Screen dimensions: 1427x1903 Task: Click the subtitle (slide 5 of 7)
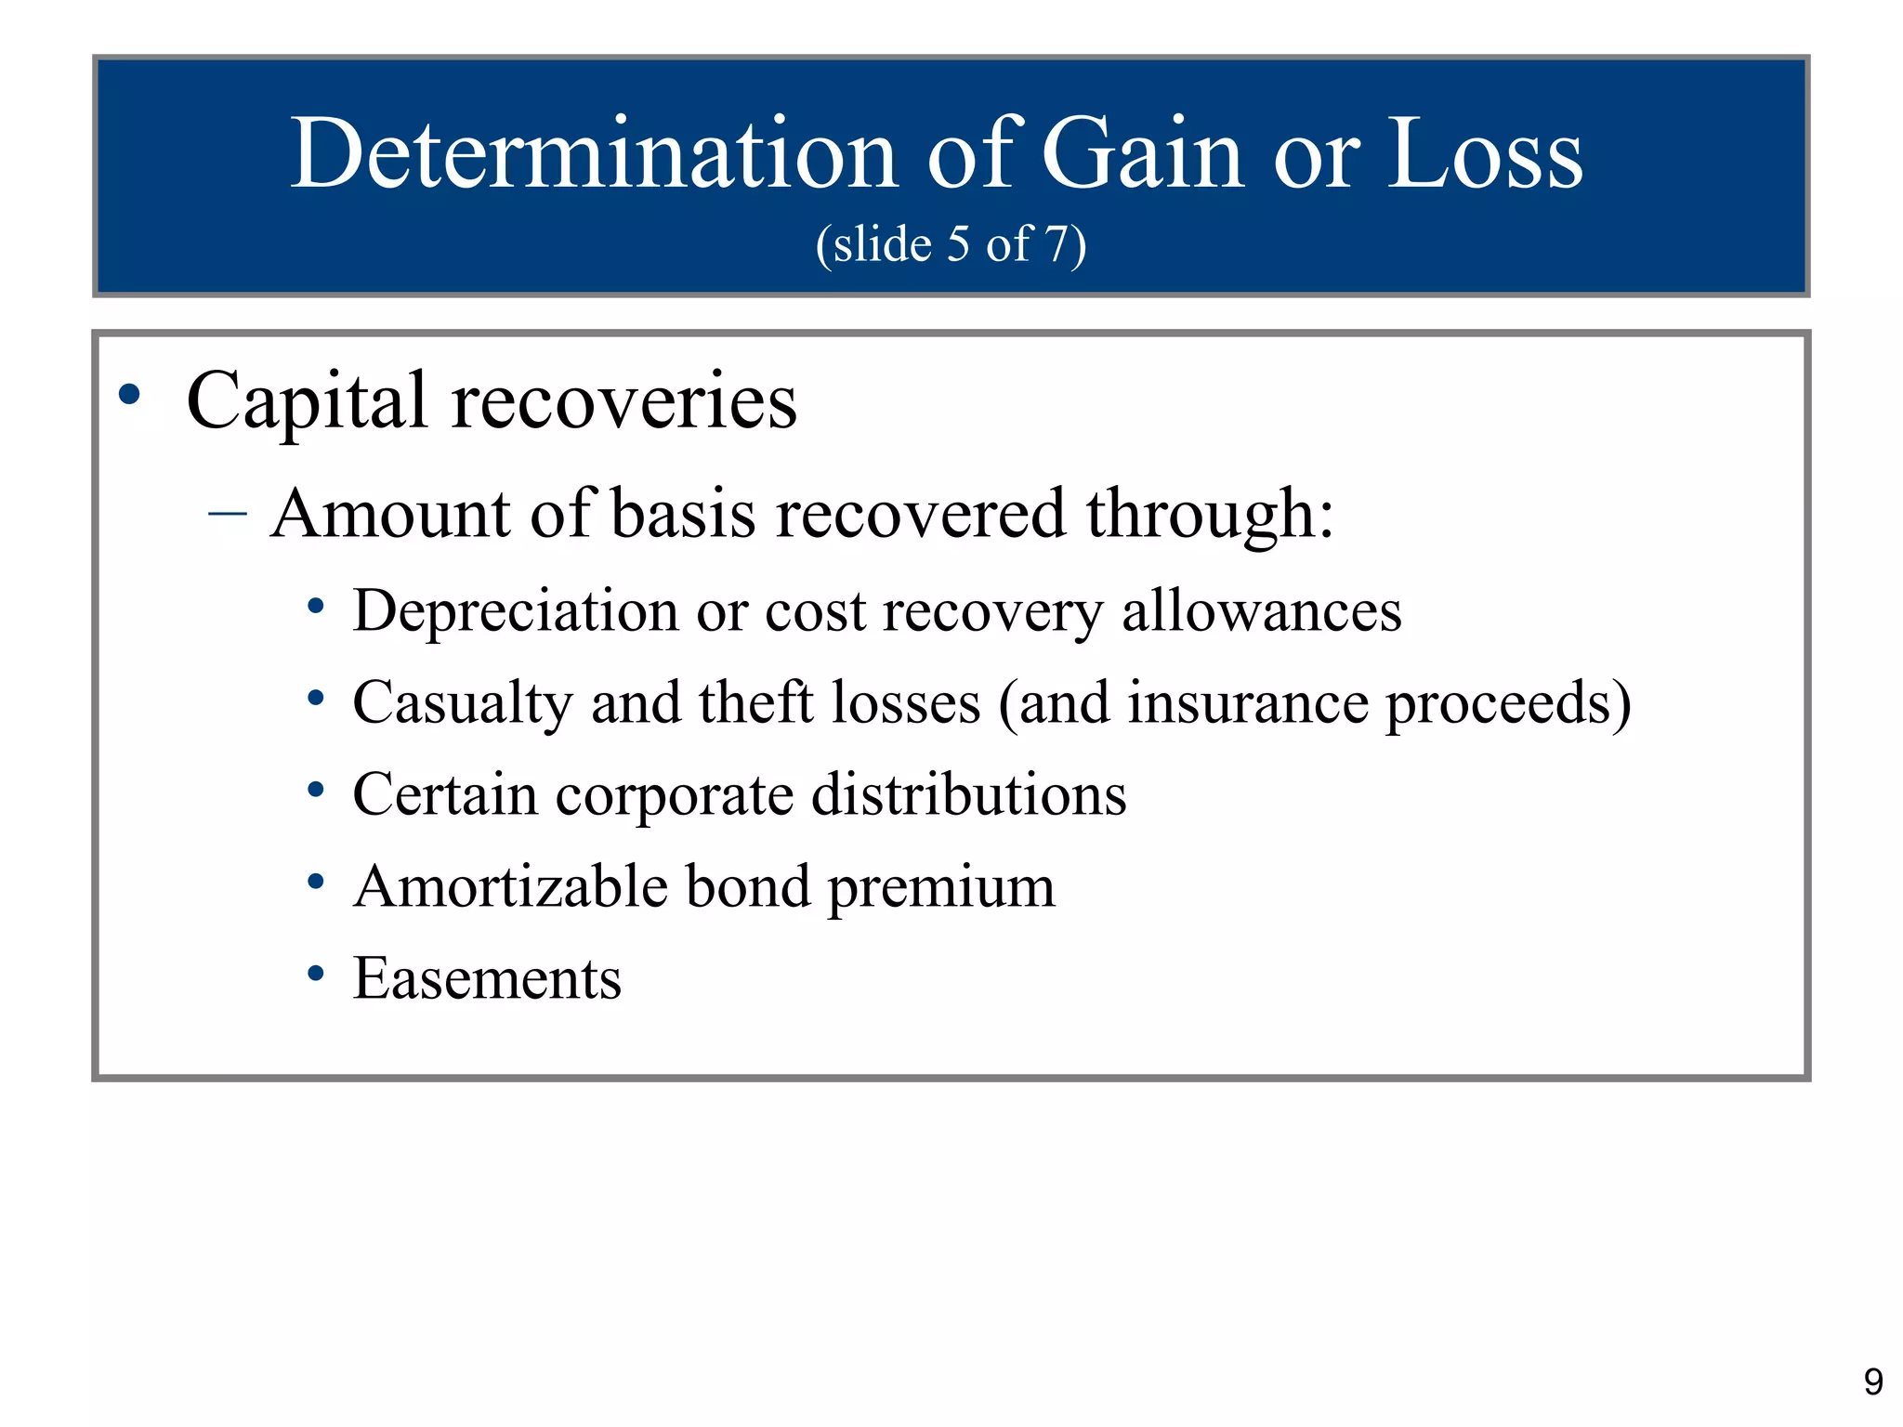[x=951, y=244]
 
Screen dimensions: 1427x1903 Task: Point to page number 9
[x=1873, y=1382]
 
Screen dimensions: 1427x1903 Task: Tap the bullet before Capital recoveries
[x=130, y=394]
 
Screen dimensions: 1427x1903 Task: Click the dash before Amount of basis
[x=228, y=513]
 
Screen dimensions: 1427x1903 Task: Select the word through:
[x=1209, y=514]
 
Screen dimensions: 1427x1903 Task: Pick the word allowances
[x=1261, y=611]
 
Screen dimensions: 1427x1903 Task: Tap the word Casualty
[x=462, y=702]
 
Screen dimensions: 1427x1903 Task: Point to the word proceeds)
[x=1508, y=704]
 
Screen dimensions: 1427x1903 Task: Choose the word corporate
[x=674, y=795]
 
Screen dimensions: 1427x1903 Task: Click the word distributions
[x=968, y=794]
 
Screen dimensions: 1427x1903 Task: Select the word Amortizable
[x=510, y=886]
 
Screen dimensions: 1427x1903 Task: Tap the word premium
[x=940, y=888]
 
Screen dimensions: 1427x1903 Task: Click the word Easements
[x=487, y=978]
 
